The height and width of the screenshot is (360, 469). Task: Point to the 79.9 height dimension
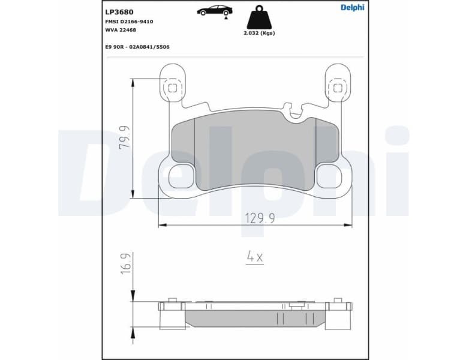pyautogui.click(x=125, y=137)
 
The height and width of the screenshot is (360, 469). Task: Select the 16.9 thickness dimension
pyautogui.click(x=125, y=264)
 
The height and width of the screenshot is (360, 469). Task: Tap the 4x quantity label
pyautogui.click(x=255, y=257)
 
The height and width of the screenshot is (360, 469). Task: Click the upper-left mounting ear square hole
pyautogui.click(x=173, y=88)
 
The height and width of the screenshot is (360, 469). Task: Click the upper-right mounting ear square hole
pyautogui.click(x=338, y=88)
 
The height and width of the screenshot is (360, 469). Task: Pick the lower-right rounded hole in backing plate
pyautogui.click(x=329, y=176)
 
